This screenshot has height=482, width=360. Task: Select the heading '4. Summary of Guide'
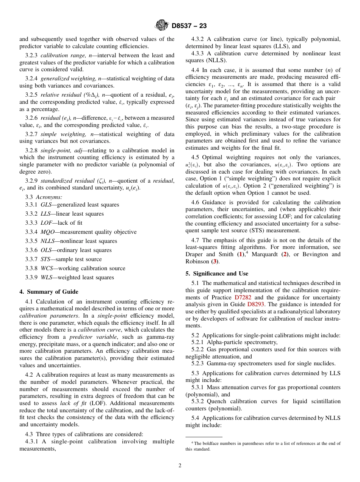click(x=49, y=292)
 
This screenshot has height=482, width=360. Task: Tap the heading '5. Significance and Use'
click(x=217, y=274)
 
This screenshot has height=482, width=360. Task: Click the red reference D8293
click(x=256, y=305)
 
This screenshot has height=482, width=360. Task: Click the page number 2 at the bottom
click(x=180, y=466)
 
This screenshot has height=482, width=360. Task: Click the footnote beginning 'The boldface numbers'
click(x=263, y=446)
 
